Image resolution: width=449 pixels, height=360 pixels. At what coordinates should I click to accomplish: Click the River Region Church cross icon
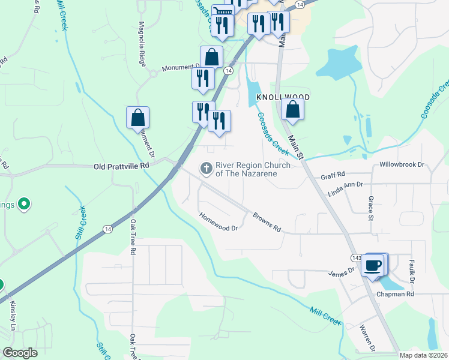206,169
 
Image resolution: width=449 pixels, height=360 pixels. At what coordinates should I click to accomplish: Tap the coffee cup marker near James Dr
373,265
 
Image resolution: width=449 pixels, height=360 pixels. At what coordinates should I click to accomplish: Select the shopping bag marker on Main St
292,110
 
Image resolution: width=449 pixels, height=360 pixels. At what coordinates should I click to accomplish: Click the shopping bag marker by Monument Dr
137,118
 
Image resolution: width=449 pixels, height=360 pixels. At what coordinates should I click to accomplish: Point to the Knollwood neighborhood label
283,97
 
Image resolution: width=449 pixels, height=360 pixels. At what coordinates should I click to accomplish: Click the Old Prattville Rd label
121,165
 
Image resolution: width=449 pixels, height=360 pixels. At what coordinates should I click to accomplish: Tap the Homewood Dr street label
219,223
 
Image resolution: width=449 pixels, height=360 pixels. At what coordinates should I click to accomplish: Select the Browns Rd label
267,221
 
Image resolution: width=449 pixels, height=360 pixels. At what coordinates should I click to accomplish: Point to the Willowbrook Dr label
402,164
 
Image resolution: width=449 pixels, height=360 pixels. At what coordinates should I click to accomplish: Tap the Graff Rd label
333,175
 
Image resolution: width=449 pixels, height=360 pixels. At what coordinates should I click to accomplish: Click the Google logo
20,352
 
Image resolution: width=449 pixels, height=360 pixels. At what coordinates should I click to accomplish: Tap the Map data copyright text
423,355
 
